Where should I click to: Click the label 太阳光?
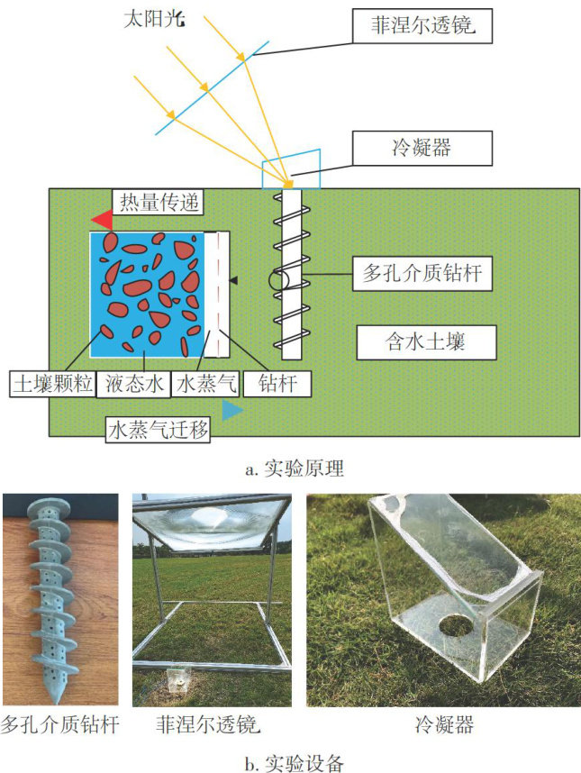[149, 18]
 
